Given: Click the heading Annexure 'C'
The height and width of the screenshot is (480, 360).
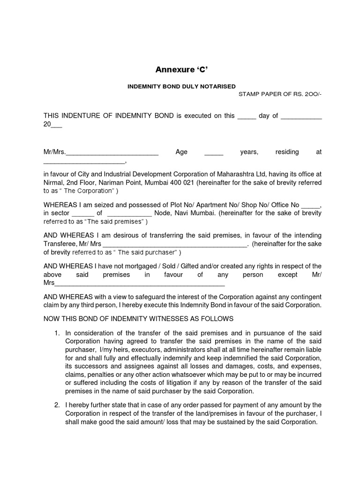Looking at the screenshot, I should [x=181, y=70].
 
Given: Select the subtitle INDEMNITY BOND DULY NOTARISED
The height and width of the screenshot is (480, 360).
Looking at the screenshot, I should [x=182, y=86].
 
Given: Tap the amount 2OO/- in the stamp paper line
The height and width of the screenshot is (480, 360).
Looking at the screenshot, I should [x=311, y=94].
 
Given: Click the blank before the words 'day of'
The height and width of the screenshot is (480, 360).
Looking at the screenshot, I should [x=246, y=116].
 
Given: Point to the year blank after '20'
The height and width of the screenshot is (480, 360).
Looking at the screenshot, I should [x=56, y=125].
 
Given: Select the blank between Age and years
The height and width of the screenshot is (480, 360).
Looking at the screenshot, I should [x=214, y=152].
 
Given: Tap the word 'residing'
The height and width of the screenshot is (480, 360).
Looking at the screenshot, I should [x=286, y=152].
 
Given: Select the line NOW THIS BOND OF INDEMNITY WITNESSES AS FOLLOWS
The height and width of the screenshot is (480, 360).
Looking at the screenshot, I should [x=138, y=319].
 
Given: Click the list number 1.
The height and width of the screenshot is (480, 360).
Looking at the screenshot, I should [x=56, y=333].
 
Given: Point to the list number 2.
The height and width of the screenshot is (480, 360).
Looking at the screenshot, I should [x=56, y=405].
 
